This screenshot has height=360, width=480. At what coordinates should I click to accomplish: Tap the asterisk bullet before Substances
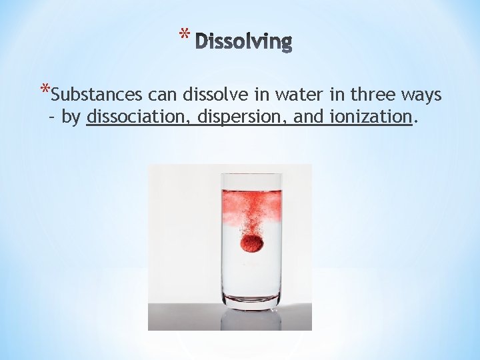pos(45,91)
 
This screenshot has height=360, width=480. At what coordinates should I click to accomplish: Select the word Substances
pos(90,96)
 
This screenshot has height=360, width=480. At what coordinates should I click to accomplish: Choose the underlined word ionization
pos(370,117)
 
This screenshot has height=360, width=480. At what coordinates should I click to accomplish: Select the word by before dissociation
pos(71,118)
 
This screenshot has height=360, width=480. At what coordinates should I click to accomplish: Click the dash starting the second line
pos(53,117)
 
